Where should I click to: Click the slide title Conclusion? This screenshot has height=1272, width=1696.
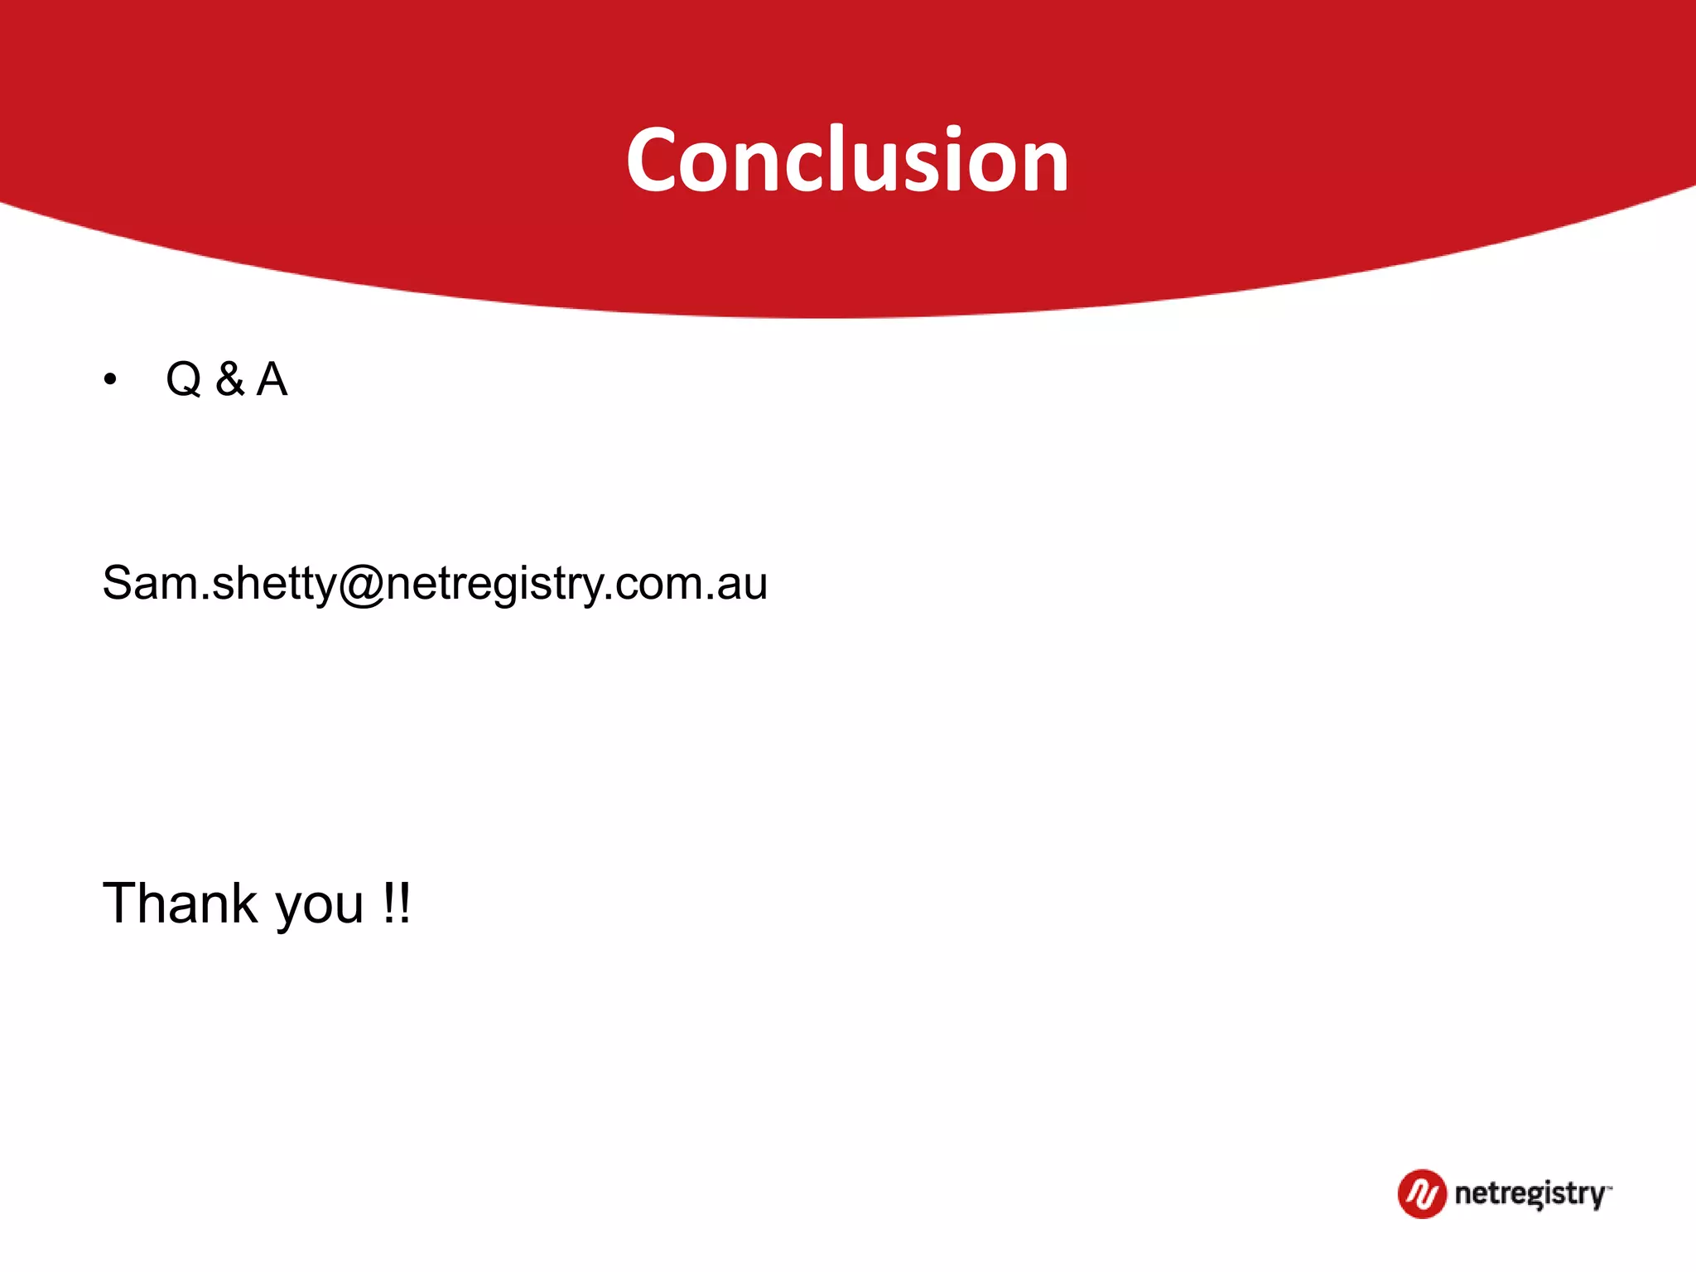tap(847, 160)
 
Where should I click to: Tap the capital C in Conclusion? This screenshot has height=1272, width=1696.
tap(657, 161)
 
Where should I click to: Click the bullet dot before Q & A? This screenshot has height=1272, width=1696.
tap(110, 380)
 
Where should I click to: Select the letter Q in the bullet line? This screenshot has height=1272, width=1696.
tap(184, 380)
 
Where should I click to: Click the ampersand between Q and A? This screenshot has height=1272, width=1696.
tap(230, 379)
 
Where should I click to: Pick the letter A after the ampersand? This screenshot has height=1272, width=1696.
tap(272, 379)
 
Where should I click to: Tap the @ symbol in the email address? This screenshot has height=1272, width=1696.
tap(362, 584)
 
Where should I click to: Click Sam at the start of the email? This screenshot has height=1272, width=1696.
tap(150, 582)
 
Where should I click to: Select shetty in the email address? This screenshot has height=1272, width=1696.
tap(274, 584)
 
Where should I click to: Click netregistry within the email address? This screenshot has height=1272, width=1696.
tap(494, 584)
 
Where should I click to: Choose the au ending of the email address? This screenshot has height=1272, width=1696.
tap(743, 584)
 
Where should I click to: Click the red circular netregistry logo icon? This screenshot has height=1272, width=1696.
tap(1422, 1193)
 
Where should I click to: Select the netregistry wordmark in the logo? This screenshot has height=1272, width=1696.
tap(1530, 1194)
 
